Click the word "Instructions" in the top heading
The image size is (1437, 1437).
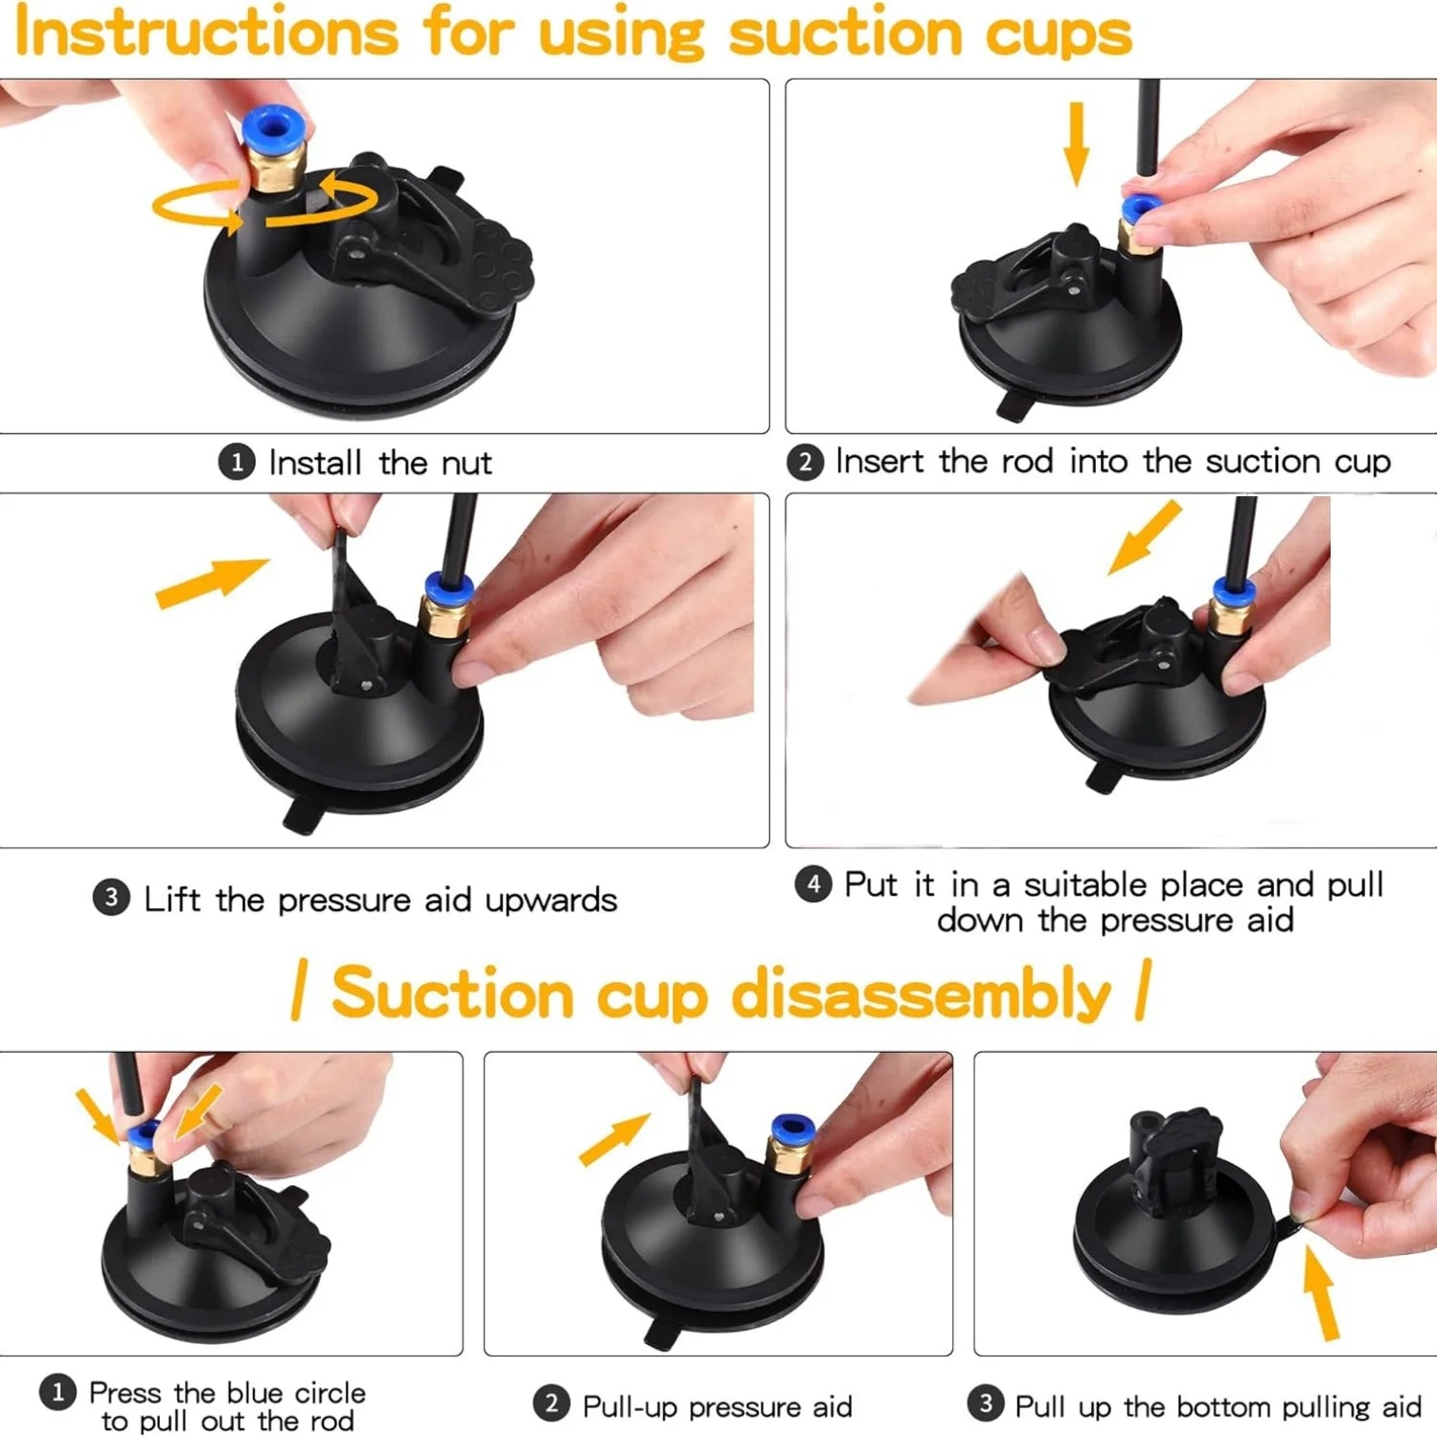pos(206,33)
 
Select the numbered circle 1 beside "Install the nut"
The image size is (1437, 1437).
pos(237,463)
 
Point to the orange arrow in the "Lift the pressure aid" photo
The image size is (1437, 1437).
pos(211,582)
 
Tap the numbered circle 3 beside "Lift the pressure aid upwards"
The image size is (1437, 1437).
pos(111,899)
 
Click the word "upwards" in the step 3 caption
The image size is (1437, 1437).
pos(551,901)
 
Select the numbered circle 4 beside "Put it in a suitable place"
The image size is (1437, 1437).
pos(813,883)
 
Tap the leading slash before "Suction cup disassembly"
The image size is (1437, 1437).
pos(300,992)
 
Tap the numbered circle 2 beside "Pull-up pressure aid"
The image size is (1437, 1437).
pos(551,1405)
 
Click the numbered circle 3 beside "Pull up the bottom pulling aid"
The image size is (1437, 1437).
pos(985,1404)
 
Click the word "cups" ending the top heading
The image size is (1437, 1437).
pos(1059,34)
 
